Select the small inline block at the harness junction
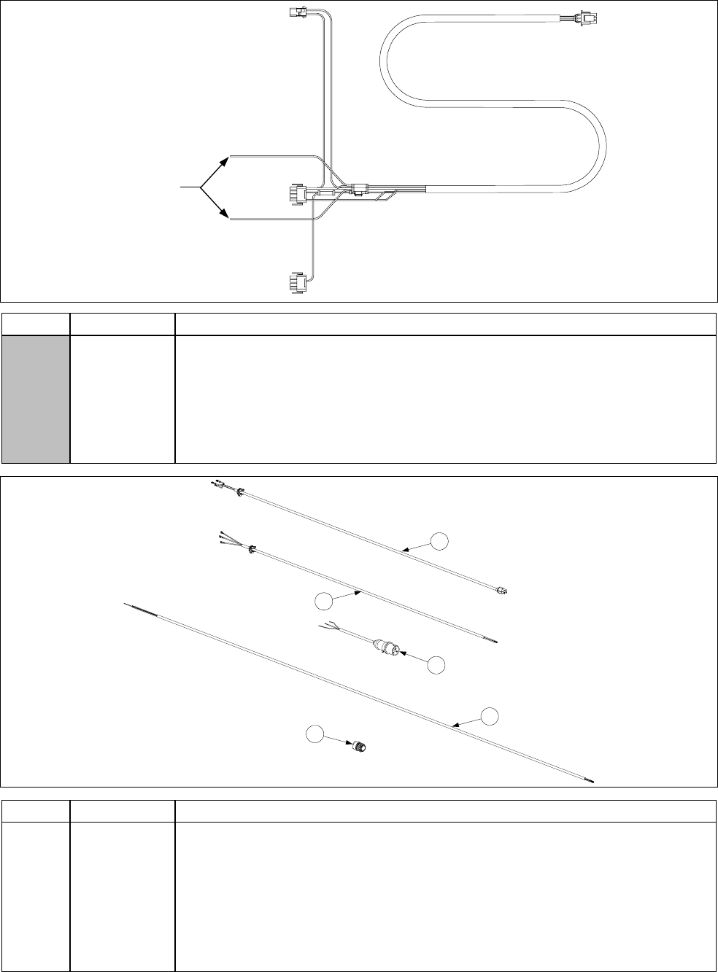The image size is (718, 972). (358, 190)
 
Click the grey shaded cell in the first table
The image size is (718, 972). (35, 399)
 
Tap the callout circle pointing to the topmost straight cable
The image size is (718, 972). (439, 540)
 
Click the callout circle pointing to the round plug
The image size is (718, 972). (436, 664)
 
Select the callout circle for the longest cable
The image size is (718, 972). (491, 716)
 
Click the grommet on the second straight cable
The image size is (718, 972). (252, 548)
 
